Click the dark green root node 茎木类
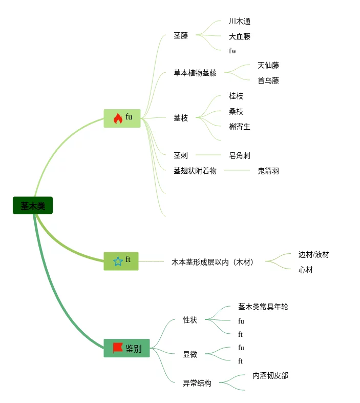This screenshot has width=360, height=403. [33, 206]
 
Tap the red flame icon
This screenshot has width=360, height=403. [118, 118]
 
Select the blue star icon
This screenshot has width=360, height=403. [118, 261]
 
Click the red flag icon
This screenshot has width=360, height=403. [118, 348]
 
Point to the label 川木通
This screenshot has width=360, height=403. [240, 21]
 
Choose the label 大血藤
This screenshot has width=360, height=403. [240, 36]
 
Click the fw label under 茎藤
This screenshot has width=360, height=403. [232, 51]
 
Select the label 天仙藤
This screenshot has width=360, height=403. [268, 65]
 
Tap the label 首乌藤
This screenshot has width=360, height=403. [268, 80]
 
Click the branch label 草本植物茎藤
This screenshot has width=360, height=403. [195, 73]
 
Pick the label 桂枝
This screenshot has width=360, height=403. [236, 96]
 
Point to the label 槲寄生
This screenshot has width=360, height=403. [240, 127]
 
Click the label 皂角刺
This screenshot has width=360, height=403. [240, 155]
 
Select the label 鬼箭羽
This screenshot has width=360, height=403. [268, 171]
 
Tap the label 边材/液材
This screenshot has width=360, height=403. [314, 254]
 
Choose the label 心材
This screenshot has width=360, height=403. [306, 270]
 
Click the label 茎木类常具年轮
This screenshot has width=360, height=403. [263, 307]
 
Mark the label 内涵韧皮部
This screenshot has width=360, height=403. [270, 375]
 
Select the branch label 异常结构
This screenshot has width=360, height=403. [197, 383]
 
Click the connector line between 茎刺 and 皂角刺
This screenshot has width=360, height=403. [208, 155]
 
